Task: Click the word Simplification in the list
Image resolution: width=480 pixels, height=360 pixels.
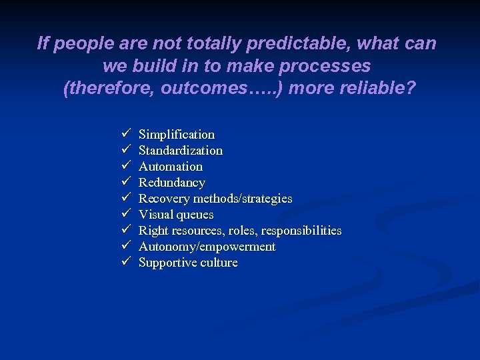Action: coord(176,135)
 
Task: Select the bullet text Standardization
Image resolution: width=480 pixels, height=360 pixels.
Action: coord(180,151)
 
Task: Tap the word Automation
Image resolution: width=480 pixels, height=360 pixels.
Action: coord(170,167)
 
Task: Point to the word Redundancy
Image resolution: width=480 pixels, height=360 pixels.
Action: coord(171,183)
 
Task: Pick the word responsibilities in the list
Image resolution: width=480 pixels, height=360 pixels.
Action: coord(301,231)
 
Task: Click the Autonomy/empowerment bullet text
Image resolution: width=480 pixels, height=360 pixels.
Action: coord(207,247)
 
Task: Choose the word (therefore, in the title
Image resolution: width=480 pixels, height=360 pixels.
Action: coord(109,89)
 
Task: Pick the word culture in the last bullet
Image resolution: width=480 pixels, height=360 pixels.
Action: coord(217,263)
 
